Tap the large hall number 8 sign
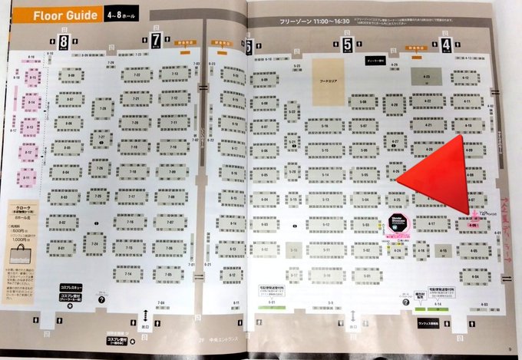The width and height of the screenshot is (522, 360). pyautogui.click(x=64, y=40)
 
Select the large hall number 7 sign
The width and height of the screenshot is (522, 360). pyautogui.click(x=156, y=39)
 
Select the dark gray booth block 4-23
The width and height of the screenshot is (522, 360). pyautogui.click(x=427, y=78)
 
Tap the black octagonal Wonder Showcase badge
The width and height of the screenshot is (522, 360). pyautogui.click(x=398, y=224)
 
